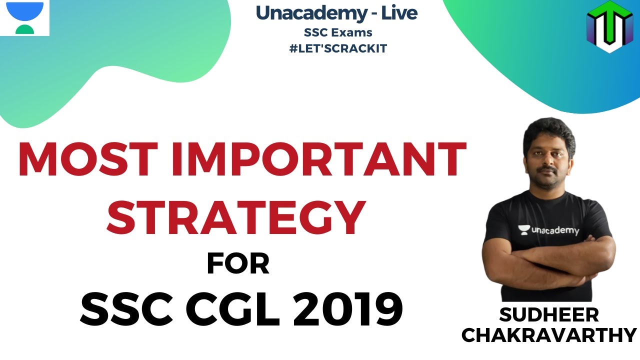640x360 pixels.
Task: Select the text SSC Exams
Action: click(338, 32)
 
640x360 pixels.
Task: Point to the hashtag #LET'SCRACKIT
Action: click(338, 49)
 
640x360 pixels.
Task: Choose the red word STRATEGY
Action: click(235, 219)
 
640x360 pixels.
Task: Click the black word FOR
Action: click(238, 264)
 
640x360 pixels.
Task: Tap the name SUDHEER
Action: click(548, 315)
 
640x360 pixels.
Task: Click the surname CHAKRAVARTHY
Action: click(548, 335)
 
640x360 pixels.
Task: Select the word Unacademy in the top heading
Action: click(310, 13)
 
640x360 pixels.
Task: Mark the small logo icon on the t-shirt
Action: click(523, 230)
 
